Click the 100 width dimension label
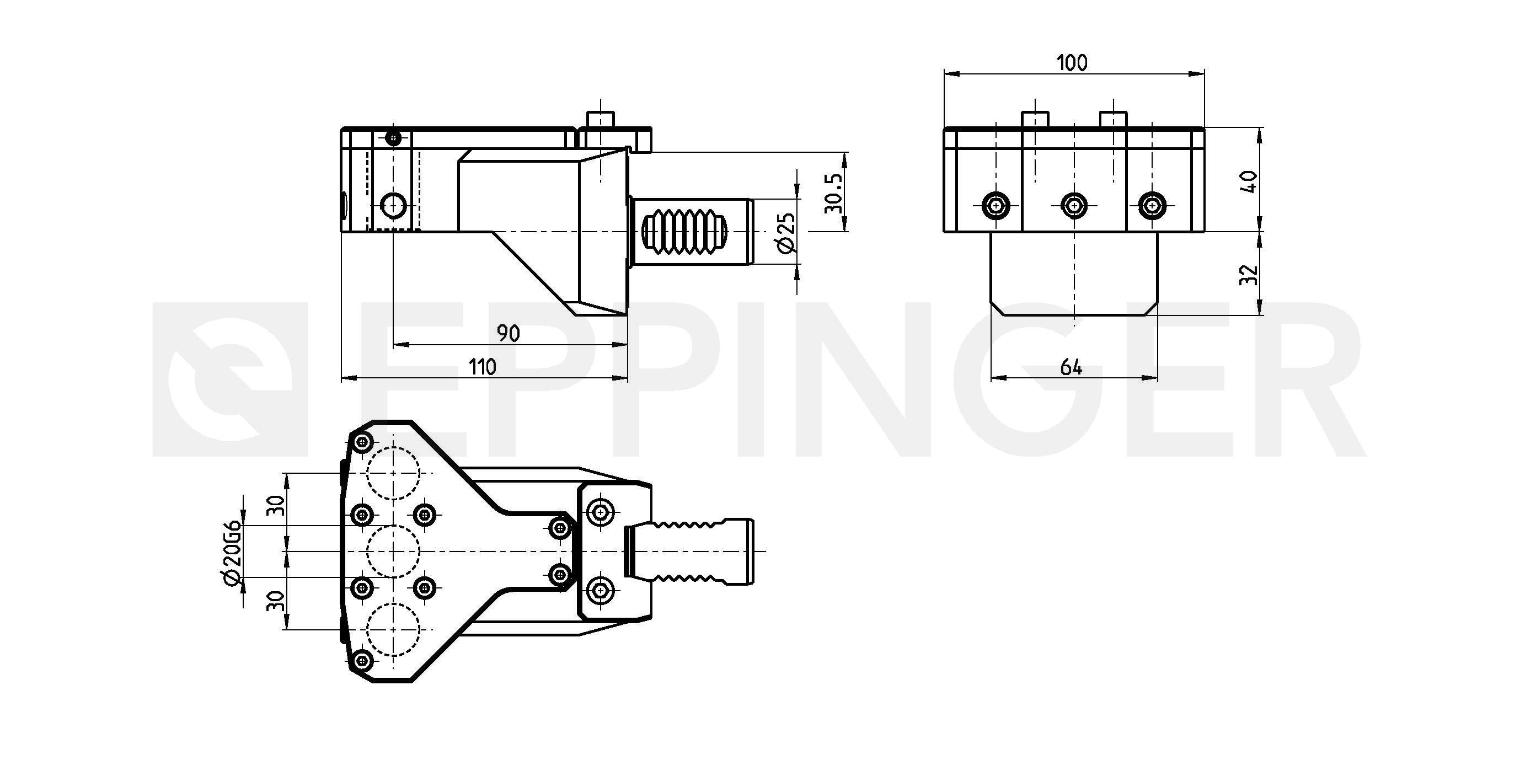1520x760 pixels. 1072,62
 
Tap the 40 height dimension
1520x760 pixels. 1249,182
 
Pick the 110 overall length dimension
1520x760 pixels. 483,367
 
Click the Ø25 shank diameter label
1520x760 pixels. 786,233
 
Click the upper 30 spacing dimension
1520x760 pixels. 276,506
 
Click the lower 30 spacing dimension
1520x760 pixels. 276,601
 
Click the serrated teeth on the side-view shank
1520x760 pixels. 684,232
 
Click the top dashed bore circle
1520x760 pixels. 393,473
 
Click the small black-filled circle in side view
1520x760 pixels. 394,139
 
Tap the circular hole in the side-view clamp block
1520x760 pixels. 393,206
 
